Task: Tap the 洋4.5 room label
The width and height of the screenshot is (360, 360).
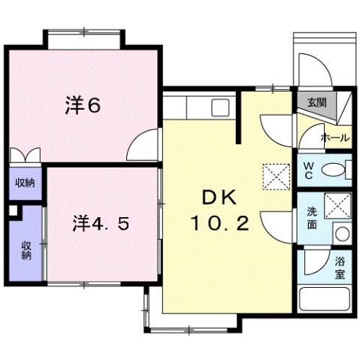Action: point(104,223)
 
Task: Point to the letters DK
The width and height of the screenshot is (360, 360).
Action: point(219,197)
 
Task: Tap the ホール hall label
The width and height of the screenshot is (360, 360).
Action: point(334,138)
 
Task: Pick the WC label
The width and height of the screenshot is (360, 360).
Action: point(308,170)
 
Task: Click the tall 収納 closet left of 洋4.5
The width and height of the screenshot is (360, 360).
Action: point(26,250)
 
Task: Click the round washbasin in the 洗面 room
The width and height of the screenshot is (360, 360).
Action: point(340,233)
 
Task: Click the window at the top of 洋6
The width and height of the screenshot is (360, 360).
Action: point(83,37)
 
